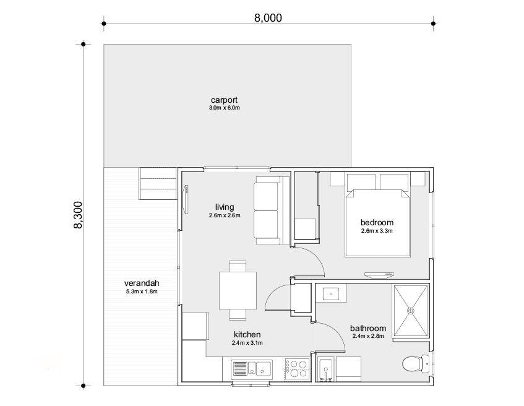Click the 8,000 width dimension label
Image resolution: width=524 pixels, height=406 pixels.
point(268,18)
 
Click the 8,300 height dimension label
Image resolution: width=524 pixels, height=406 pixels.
point(78,215)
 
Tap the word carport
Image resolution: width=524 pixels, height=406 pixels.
point(224,100)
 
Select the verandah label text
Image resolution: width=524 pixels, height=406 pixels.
point(142,283)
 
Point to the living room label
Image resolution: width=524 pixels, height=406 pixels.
point(225,207)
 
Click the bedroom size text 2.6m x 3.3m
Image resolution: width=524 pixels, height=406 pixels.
point(377,231)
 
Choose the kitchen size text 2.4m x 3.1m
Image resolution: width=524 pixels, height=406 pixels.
point(247,343)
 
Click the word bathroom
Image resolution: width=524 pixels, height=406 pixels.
point(368,328)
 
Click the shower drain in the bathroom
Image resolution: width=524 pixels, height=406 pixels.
point(411,311)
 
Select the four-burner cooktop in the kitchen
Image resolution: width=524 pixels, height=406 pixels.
point(297,368)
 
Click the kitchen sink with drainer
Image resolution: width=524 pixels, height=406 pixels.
point(252,369)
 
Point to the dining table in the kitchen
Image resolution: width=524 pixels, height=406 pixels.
point(238,290)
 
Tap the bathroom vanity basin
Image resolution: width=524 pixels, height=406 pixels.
point(331,294)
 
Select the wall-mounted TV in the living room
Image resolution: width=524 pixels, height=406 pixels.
point(186,199)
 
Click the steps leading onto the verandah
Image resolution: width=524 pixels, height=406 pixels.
point(158,184)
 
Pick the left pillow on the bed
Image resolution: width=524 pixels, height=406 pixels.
point(361,182)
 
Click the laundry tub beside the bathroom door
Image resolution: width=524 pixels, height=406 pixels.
point(326,369)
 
